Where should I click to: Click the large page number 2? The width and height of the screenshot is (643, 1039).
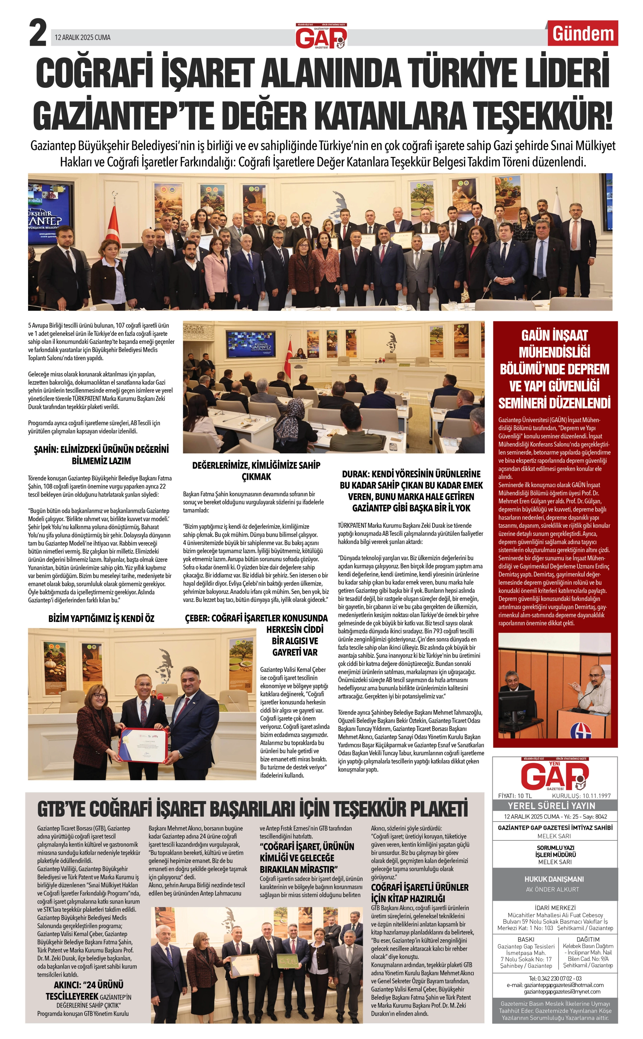[38, 34]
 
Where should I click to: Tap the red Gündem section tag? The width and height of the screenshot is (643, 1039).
[583, 34]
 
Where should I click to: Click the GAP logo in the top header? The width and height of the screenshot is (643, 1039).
[321, 36]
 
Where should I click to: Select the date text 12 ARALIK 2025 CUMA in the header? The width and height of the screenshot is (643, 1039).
[83, 38]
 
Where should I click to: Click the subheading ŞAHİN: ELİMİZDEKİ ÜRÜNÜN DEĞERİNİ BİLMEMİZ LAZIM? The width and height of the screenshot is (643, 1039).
[101, 455]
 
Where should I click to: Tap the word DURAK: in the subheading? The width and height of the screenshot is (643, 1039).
[356, 474]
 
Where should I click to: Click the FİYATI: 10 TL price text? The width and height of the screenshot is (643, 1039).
[515, 796]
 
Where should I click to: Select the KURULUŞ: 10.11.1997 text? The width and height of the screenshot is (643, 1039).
[581, 796]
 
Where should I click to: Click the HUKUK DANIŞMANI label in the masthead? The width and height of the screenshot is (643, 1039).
[554, 879]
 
